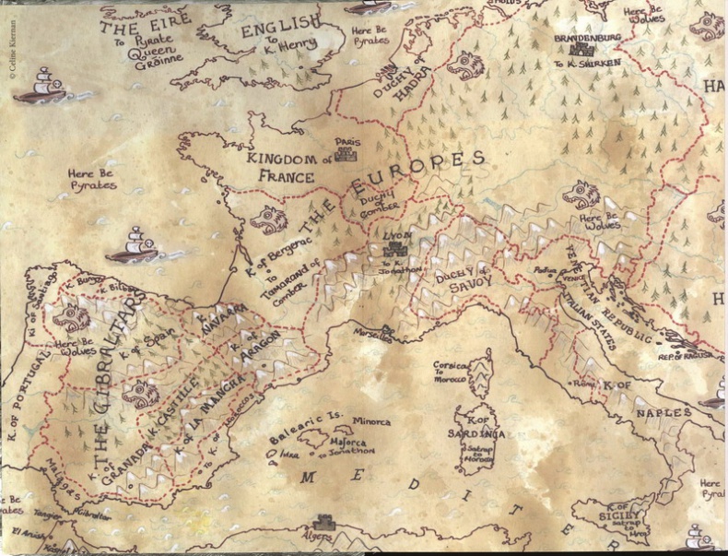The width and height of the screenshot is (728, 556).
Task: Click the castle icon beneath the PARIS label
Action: click(347, 156)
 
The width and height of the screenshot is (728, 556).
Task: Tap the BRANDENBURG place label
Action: click(588, 38)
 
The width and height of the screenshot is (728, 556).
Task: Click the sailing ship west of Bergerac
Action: click(132, 245)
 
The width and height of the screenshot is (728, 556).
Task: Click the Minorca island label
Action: click(371, 421)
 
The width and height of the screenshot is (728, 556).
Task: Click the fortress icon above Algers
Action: click(323, 523)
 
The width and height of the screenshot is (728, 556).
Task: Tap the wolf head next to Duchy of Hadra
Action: click(465, 64)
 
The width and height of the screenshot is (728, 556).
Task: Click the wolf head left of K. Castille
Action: click(140, 394)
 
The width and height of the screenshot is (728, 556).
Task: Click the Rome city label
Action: click(582, 381)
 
